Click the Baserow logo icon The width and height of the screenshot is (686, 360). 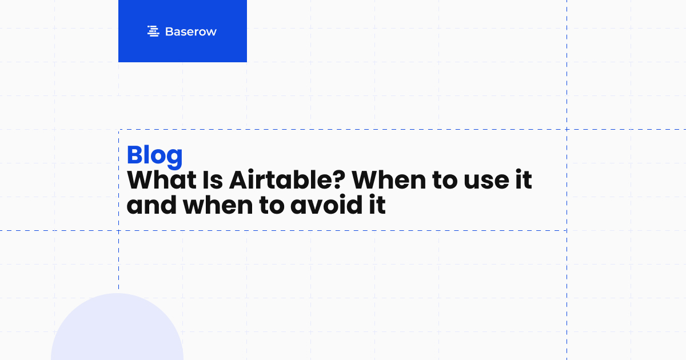point(153,31)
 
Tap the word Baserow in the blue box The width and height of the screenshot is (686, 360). point(190,32)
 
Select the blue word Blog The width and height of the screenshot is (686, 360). point(155,155)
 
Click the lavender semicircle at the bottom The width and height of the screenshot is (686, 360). point(117,331)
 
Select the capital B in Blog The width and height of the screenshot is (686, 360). point(135,155)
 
